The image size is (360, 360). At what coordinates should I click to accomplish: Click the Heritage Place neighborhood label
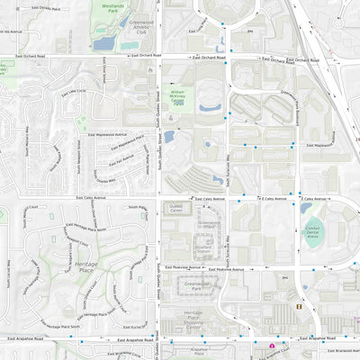click(x=87, y=267)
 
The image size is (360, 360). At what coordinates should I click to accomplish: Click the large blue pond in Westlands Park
click(x=104, y=41)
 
